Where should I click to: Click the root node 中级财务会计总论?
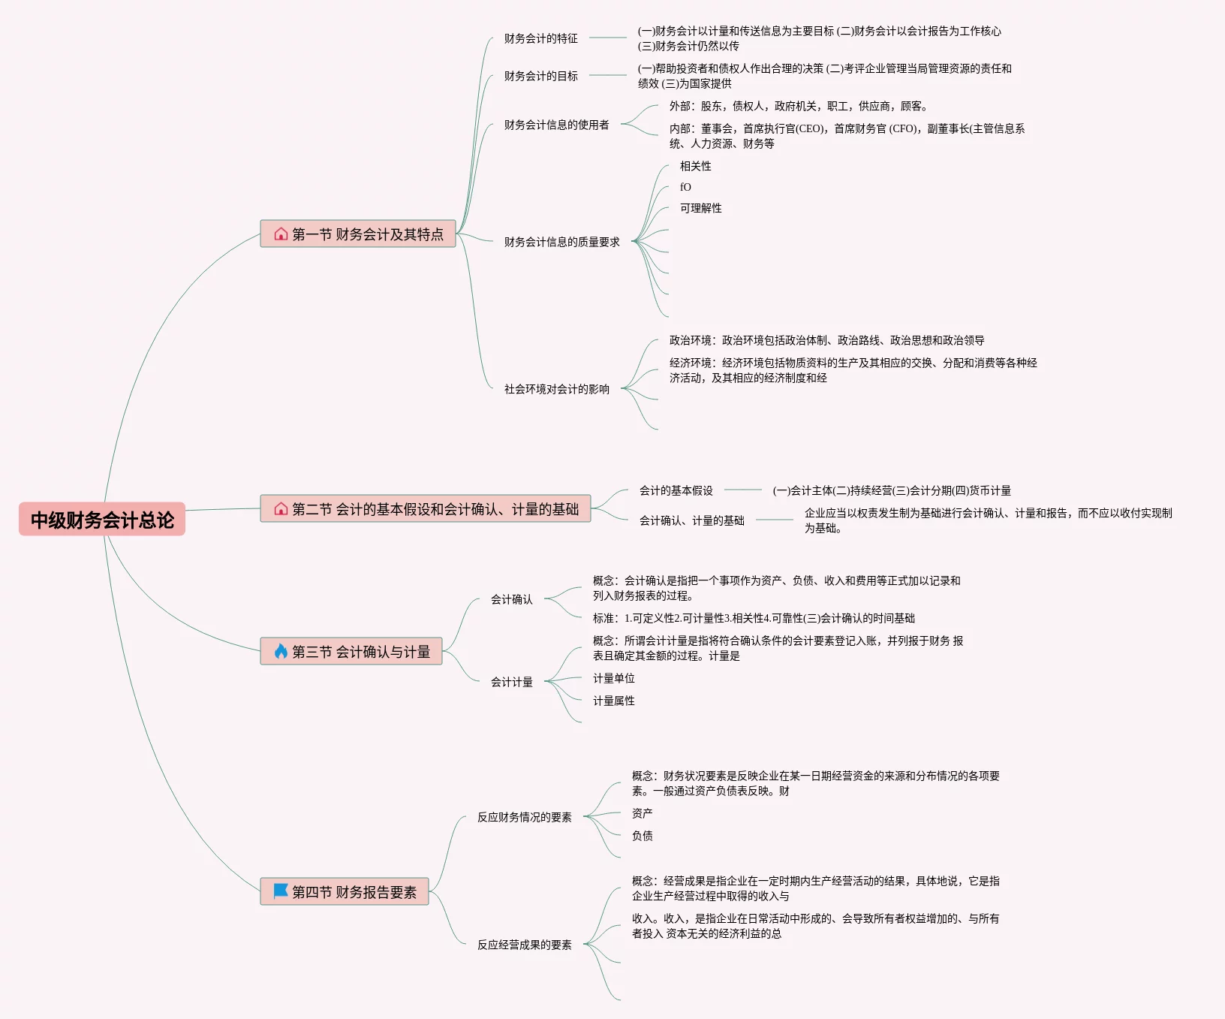click(102, 520)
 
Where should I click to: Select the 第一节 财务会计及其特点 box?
click(358, 234)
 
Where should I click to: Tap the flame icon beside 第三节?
click(281, 651)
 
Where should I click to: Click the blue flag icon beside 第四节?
click(281, 891)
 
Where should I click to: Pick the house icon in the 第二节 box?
click(281, 509)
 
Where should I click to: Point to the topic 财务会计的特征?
click(540, 38)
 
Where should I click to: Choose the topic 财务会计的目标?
click(540, 76)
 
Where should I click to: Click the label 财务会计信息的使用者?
click(556, 125)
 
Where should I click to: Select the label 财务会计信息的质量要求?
click(561, 242)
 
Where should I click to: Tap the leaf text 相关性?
click(695, 166)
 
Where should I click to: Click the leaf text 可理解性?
click(700, 208)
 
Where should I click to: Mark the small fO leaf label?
click(685, 187)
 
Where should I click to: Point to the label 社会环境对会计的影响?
click(556, 389)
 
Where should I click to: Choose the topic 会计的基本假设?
click(676, 490)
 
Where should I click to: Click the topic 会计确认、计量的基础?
click(691, 520)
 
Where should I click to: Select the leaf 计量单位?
click(613, 678)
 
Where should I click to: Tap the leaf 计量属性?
click(613, 701)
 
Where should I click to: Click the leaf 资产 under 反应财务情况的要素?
click(642, 813)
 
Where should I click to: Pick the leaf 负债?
click(642, 836)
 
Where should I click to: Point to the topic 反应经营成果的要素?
click(524, 945)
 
